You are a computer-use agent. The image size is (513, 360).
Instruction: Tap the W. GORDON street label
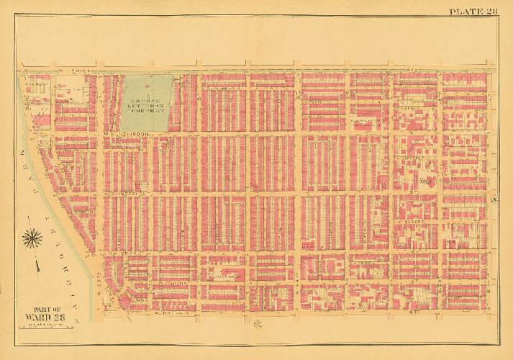click(169, 284)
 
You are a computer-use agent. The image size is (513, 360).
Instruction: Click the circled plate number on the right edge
click(496, 198)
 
